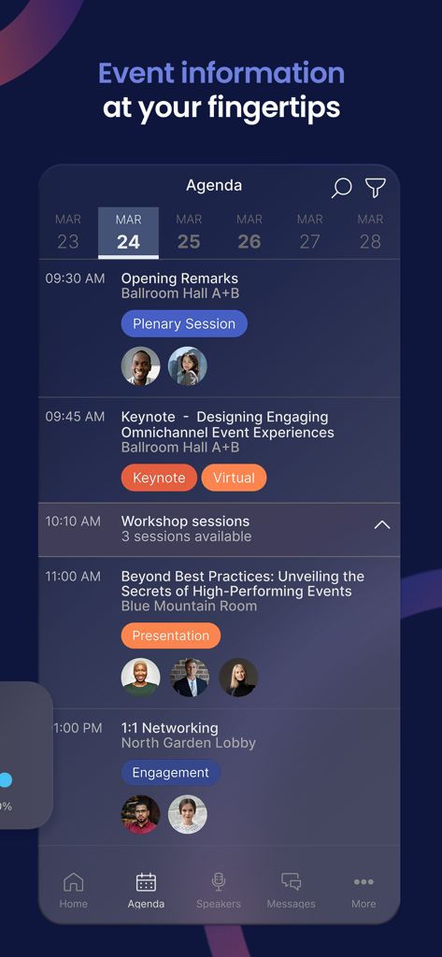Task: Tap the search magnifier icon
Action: (341, 188)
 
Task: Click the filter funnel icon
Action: (375, 188)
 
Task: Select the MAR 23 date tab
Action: (68, 232)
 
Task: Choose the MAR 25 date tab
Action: (189, 232)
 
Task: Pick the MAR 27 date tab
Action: (309, 232)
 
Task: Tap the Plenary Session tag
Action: (184, 324)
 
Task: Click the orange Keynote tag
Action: (159, 478)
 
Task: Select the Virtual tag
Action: (234, 478)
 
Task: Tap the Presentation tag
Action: (170, 636)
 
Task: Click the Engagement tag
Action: (170, 773)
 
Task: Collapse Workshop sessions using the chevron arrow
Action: (381, 525)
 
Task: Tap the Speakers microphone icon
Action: (219, 882)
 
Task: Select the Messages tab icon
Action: (291, 882)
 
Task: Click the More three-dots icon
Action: (364, 882)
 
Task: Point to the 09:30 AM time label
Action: (75, 279)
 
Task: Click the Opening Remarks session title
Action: (179, 279)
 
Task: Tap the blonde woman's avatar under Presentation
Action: (238, 678)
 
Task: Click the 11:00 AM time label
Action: (73, 577)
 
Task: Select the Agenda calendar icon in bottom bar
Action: (146, 882)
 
